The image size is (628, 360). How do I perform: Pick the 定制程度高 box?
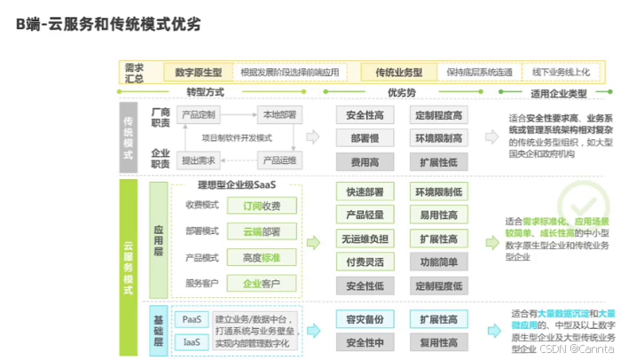click(x=438, y=115)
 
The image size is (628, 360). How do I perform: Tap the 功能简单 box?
click(x=438, y=262)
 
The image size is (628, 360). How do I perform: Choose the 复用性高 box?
click(x=438, y=341)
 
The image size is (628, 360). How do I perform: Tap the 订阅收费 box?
click(x=262, y=206)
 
